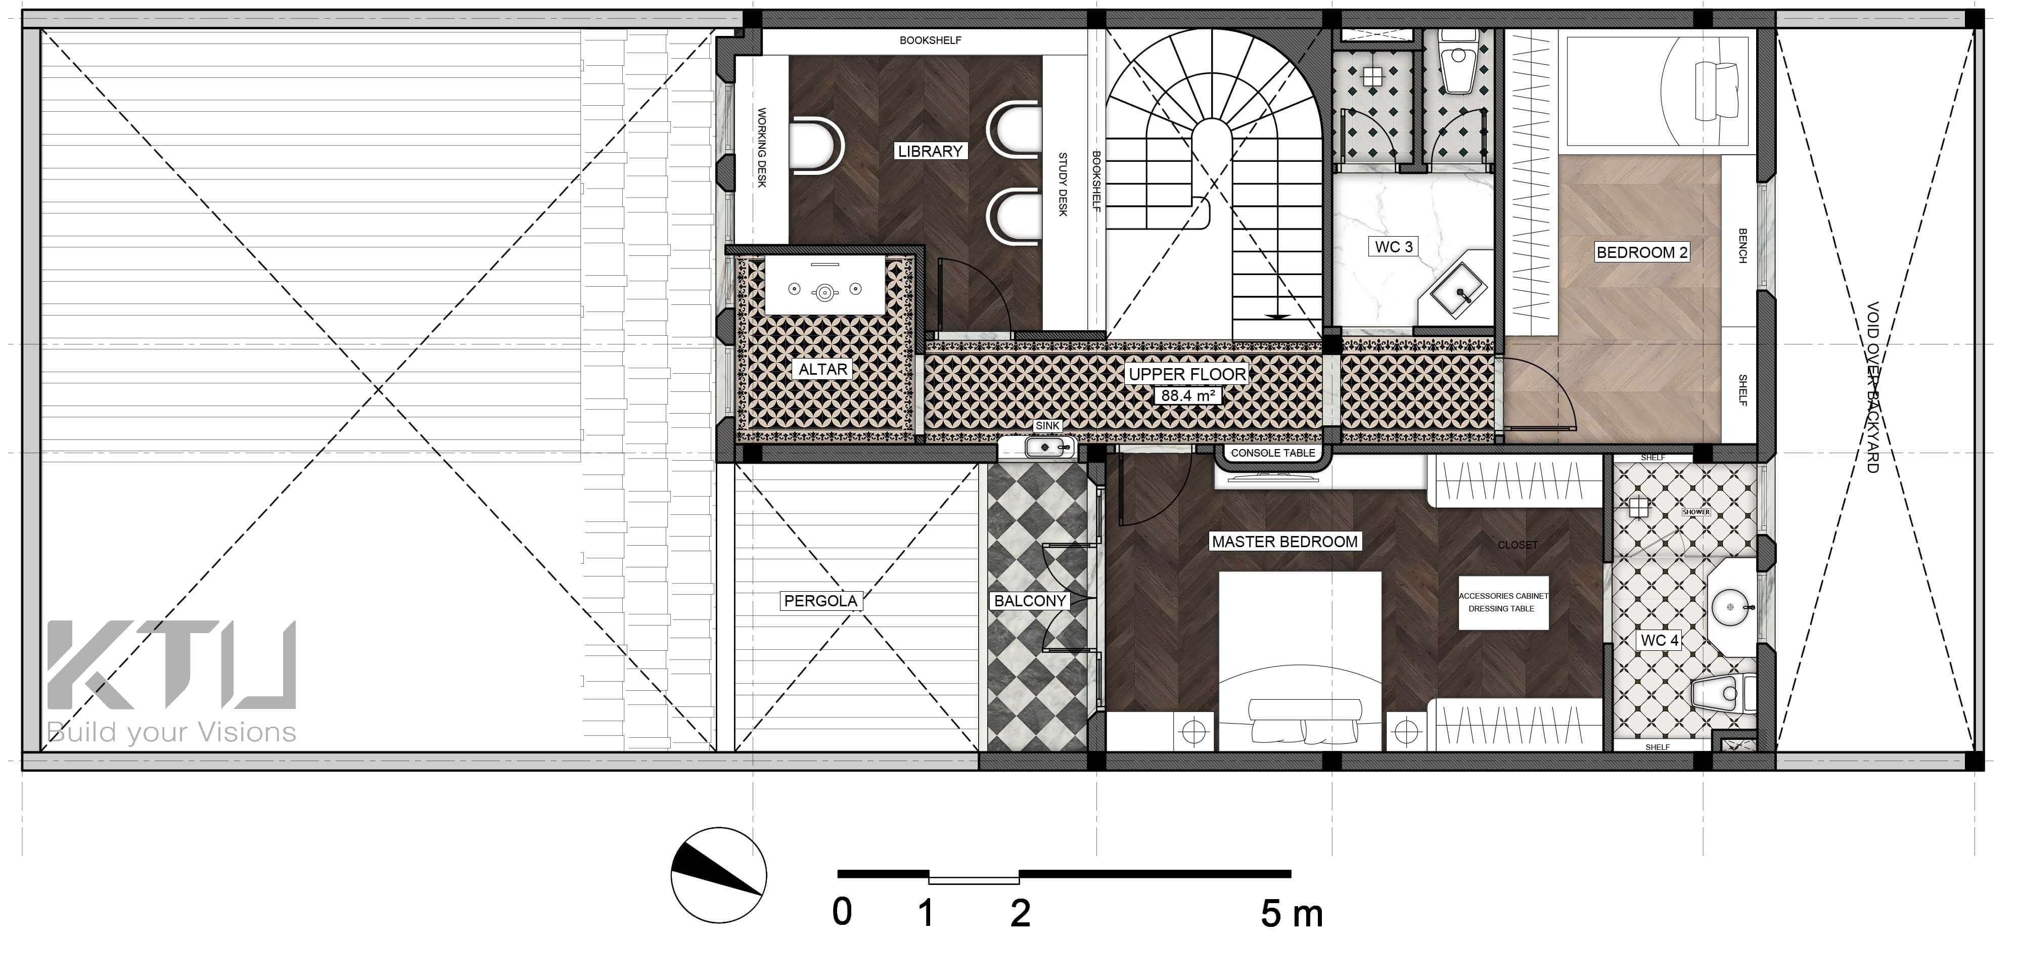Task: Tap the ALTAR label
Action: pyautogui.click(x=822, y=369)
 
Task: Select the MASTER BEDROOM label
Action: pyautogui.click(x=1284, y=542)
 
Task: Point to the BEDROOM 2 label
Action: pyautogui.click(x=1642, y=252)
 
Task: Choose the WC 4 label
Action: pyautogui.click(x=1660, y=640)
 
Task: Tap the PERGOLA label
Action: pyautogui.click(x=820, y=601)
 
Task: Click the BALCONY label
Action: pyautogui.click(x=1030, y=601)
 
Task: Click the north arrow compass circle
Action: pyautogui.click(x=719, y=874)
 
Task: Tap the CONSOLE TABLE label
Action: pyautogui.click(x=1272, y=453)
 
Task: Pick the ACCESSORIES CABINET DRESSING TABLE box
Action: pyautogui.click(x=1503, y=603)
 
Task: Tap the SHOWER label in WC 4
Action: pyautogui.click(x=1696, y=512)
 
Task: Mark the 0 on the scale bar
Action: pyautogui.click(x=842, y=913)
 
